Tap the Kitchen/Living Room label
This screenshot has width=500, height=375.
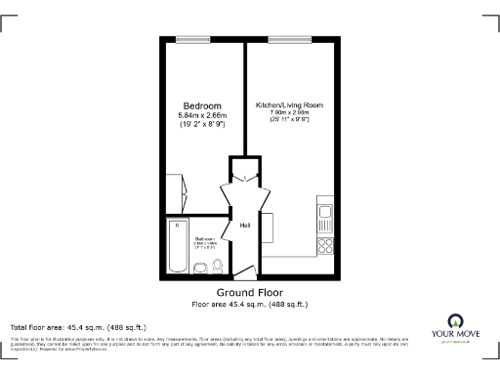(289, 104)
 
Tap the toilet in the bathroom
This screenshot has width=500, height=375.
(218, 266)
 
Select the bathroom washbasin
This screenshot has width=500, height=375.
(202, 267)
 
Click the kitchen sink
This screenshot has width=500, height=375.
(326, 212)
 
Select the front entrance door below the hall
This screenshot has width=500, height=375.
(244, 272)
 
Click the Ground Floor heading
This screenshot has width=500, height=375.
(248, 293)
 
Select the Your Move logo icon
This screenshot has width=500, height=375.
(454, 320)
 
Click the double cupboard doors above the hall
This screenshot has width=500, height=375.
(244, 189)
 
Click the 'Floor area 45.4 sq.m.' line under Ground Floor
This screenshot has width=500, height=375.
(248, 304)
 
